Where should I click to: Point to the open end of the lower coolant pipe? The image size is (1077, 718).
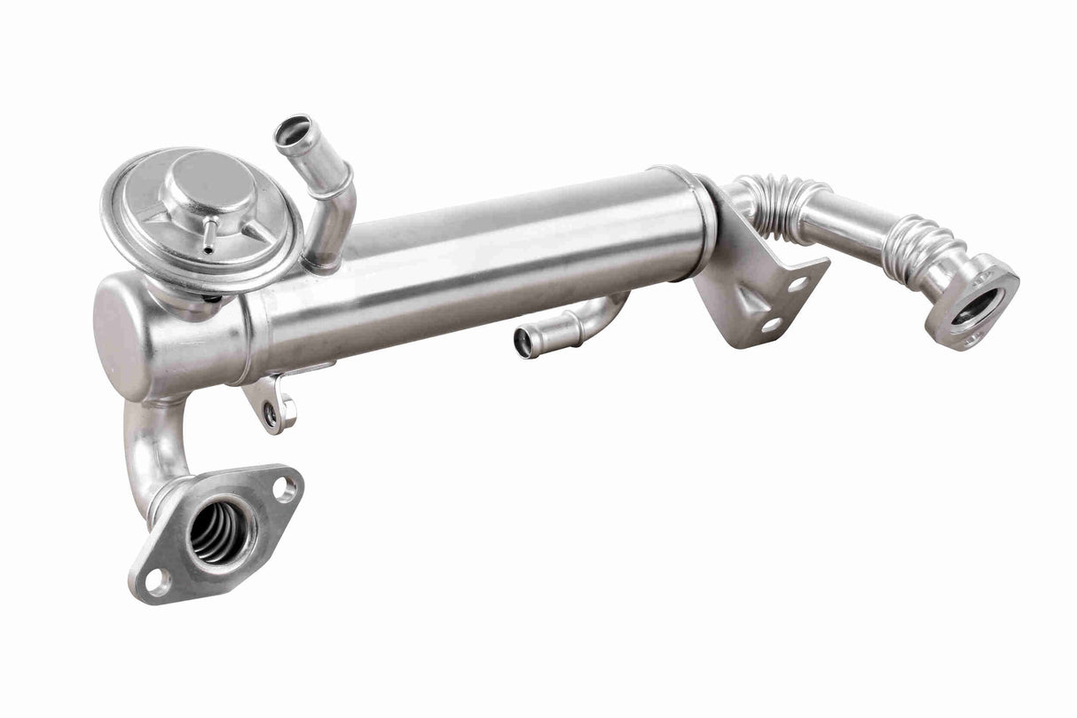coord(524,343)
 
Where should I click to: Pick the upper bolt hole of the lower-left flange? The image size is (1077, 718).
coord(284,487)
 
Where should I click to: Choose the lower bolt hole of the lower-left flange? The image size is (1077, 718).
coord(158,581)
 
